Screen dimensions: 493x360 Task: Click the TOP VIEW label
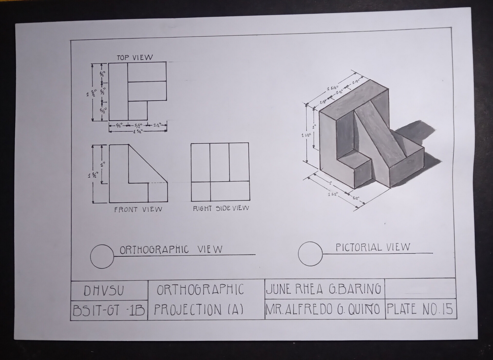(135, 57)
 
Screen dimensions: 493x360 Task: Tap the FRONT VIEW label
(138, 209)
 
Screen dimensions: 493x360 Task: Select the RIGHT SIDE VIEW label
(221, 208)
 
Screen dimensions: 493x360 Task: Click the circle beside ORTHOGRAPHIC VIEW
(102, 256)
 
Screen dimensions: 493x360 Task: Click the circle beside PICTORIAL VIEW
(310, 254)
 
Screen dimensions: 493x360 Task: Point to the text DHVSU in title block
(104, 291)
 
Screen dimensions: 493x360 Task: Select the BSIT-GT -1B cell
(109, 310)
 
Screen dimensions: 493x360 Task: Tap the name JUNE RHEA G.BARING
(324, 289)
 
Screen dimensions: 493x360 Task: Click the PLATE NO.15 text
(420, 309)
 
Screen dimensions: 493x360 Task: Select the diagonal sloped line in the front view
(148, 164)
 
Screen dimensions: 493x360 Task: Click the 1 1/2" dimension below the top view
(138, 132)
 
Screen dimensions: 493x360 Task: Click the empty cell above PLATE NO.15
(420, 288)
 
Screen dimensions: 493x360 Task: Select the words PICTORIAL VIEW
(373, 247)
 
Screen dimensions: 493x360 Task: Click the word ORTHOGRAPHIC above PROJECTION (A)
(200, 290)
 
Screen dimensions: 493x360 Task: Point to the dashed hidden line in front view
(157, 183)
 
